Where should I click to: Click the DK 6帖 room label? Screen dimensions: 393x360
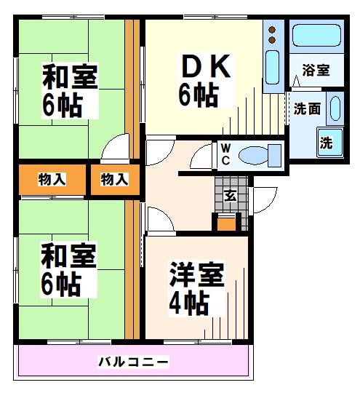click(205, 82)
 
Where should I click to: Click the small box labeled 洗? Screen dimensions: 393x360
click(326, 143)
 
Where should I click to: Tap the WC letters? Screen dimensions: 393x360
click(225, 154)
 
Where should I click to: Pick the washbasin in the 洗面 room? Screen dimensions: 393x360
click(335, 108)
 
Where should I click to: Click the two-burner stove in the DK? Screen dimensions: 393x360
click(273, 33)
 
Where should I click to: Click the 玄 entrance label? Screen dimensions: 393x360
click(229, 194)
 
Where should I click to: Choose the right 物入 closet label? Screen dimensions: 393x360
click(114, 179)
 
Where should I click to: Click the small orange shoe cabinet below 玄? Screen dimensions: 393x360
click(227, 223)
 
